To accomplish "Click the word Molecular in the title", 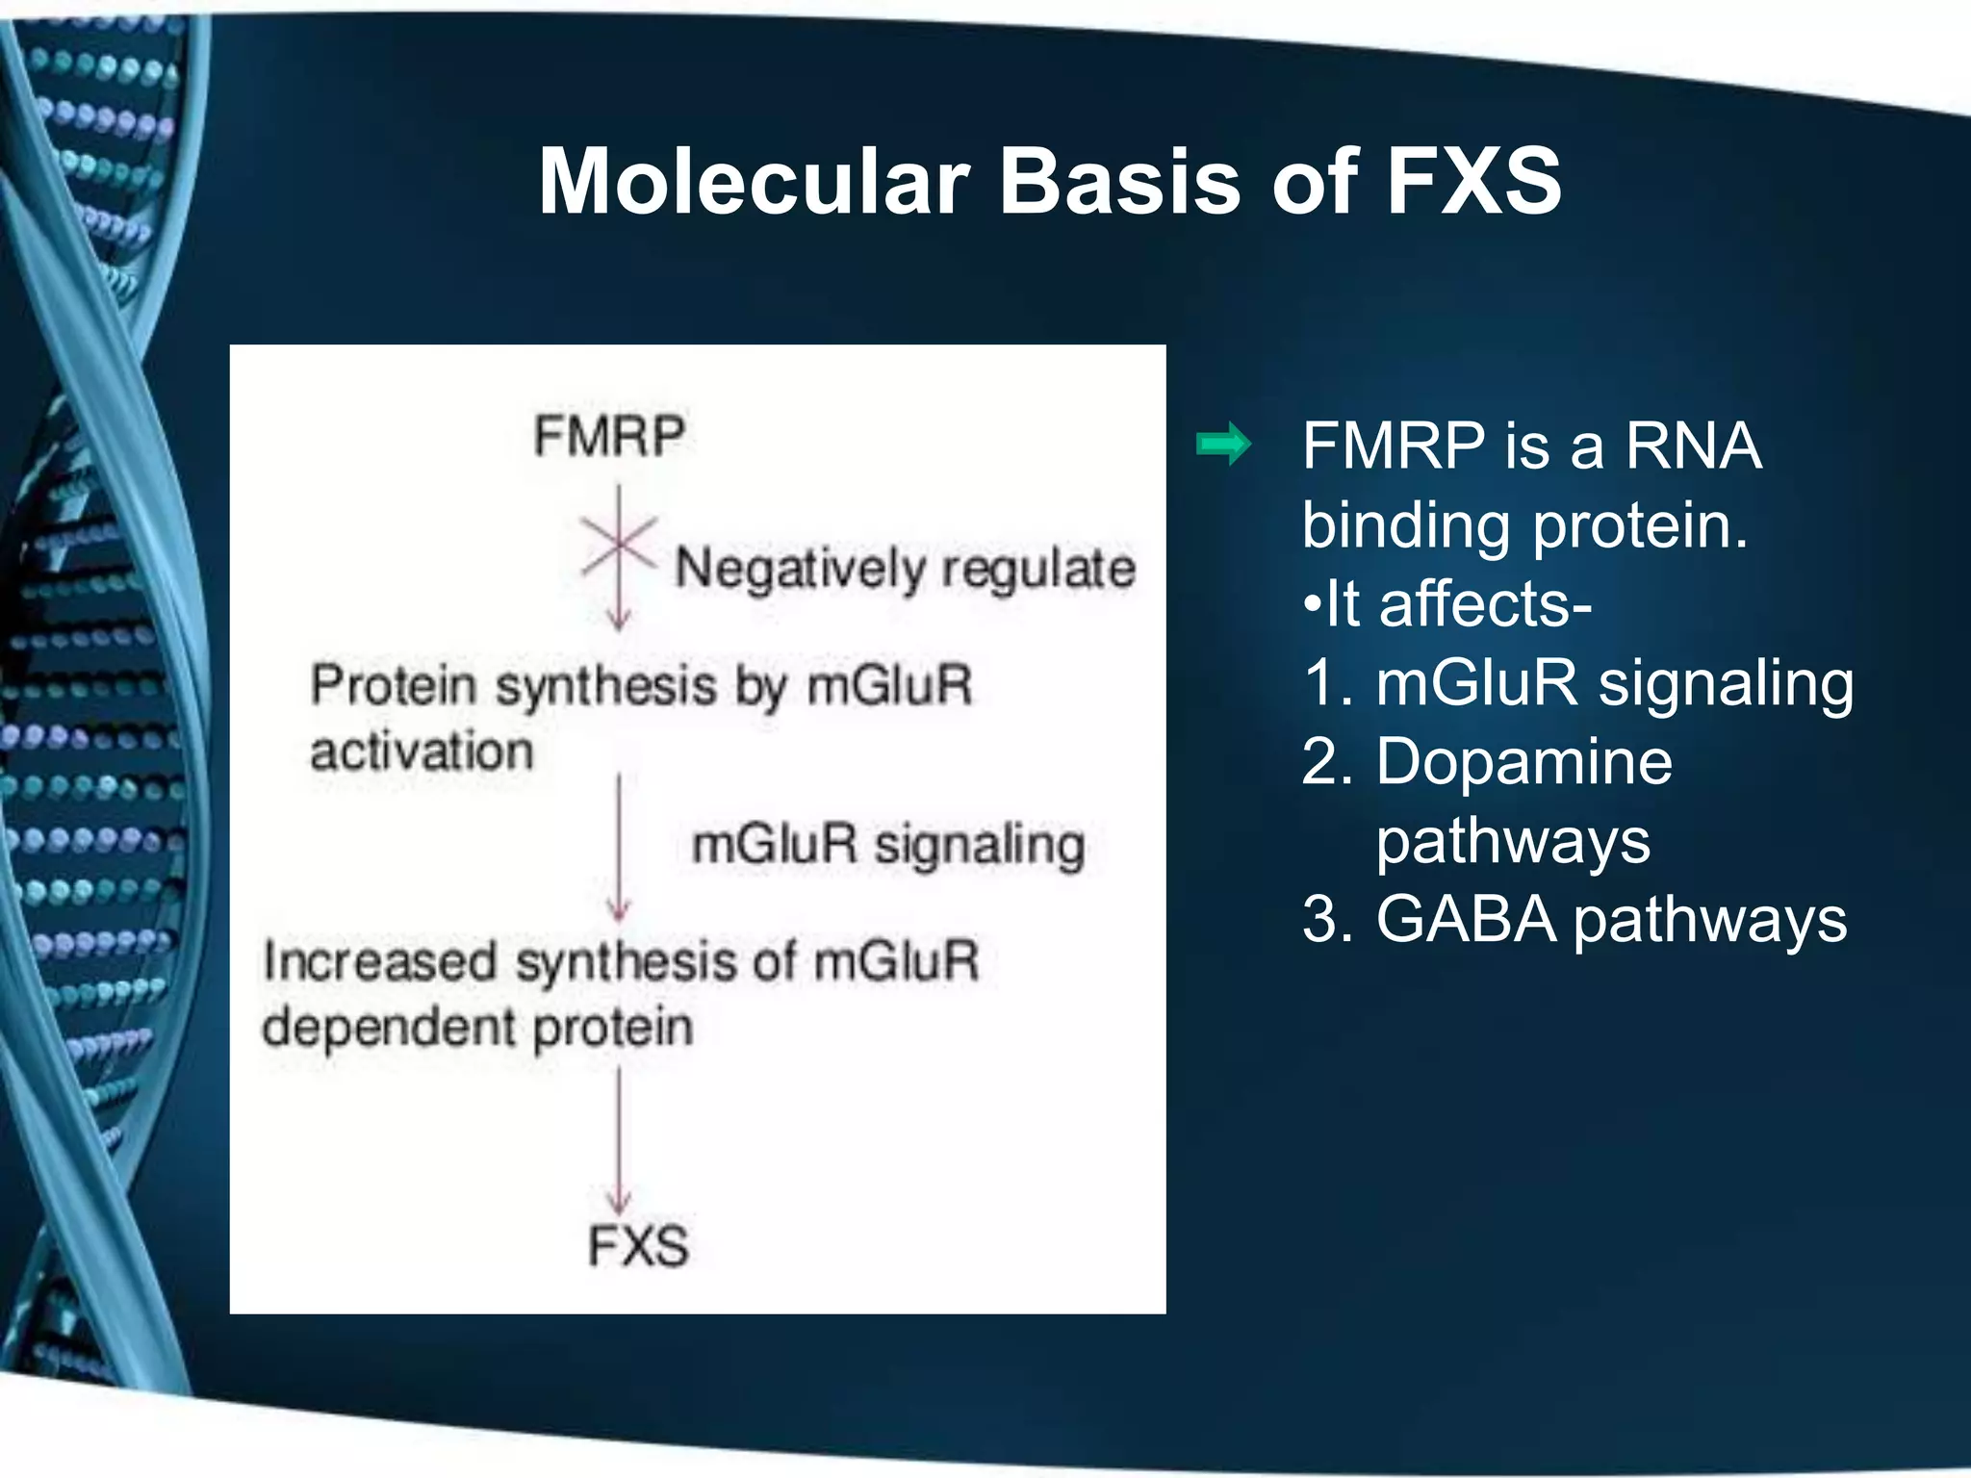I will pos(754,182).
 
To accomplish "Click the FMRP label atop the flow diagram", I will pos(609,436).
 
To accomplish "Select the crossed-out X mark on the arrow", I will pos(619,545).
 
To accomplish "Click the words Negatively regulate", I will pos(905,569).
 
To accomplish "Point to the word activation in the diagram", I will pos(422,752).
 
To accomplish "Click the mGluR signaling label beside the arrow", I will pos(888,846).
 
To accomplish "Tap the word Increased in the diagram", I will pos(380,961).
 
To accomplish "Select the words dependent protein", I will pos(477,1028).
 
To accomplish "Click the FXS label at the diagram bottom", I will pos(638,1246).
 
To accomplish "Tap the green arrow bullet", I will pos(1223,445).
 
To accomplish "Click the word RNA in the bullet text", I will pos(1693,446).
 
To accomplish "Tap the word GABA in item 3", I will pos(1465,920).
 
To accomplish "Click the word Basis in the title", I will pos(1121,182).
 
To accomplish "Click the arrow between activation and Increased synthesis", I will pos(619,847).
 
